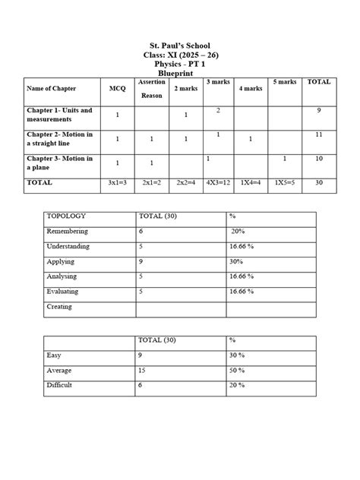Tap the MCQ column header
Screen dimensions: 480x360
pos(117,89)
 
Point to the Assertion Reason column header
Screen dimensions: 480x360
pos(152,89)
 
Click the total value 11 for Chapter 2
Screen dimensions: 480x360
pos(318,134)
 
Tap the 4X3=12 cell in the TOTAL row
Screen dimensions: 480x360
pos(219,183)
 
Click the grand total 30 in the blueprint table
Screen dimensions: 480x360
pos(318,183)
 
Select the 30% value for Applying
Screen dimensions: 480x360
pos(238,262)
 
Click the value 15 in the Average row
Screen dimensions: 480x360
pos(142,370)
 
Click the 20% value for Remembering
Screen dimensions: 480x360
pos(238,232)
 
